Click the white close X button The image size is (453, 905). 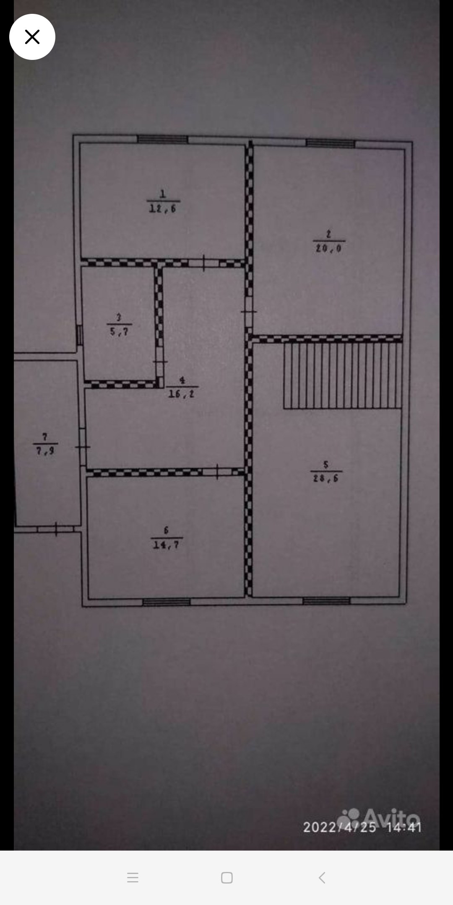point(32,37)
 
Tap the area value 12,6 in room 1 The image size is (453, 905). point(163,208)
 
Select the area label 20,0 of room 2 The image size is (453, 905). point(329,248)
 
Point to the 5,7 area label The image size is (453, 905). point(120,332)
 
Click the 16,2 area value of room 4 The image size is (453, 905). point(182,394)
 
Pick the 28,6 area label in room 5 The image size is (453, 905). point(326,478)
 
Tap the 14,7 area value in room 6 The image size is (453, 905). point(166,545)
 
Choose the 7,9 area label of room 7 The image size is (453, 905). point(45,451)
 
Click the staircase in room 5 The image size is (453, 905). point(343,375)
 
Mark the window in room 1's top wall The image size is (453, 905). point(163,139)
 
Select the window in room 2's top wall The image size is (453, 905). point(331,143)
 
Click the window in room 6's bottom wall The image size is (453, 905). point(167,602)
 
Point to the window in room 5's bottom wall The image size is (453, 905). point(326,601)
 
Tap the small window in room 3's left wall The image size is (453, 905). point(79,335)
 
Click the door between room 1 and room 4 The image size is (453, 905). point(204,263)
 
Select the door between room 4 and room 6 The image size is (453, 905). point(217,472)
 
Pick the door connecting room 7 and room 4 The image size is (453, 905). point(83,447)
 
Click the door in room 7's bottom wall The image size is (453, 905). point(56,529)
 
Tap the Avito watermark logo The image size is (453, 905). point(380,818)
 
